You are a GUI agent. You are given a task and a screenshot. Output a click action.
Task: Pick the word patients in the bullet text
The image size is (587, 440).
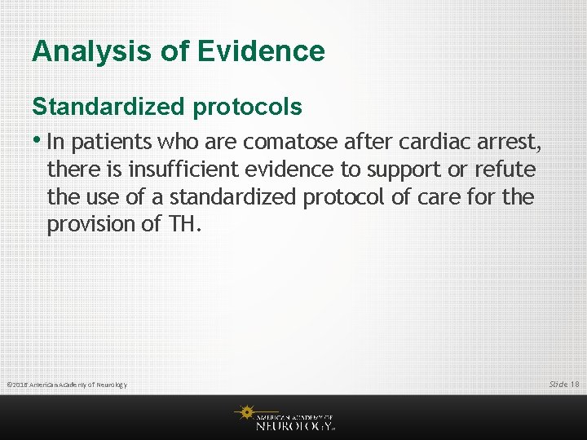[113, 143]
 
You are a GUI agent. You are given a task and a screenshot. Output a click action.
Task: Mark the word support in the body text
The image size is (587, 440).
[400, 169]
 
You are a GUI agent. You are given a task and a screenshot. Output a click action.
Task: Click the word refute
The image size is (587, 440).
[508, 169]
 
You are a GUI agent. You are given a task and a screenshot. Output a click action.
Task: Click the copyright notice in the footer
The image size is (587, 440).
[66, 385]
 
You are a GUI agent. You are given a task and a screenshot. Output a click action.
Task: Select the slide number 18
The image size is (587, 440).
[574, 384]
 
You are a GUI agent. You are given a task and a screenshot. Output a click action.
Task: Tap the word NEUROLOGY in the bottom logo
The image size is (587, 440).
[293, 425]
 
